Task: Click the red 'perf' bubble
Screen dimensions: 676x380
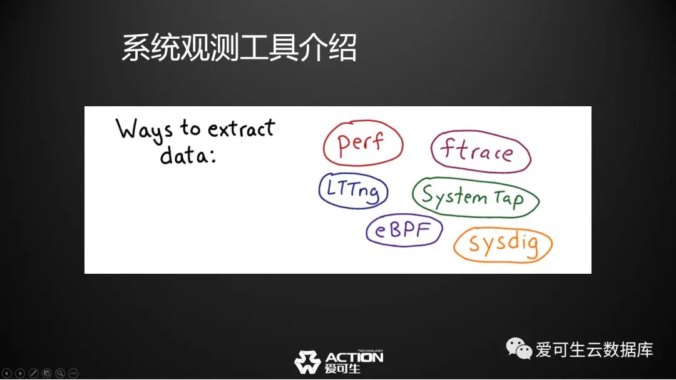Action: click(x=363, y=143)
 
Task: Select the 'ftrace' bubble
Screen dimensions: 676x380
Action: click(x=481, y=151)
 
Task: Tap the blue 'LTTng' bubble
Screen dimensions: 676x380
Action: click(x=353, y=191)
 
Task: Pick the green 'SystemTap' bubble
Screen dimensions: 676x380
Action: click(x=476, y=197)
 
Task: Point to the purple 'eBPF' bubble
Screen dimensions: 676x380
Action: click(x=404, y=230)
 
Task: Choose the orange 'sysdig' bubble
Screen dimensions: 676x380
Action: click(x=503, y=244)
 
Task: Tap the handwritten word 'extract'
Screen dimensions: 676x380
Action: click(x=242, y=128)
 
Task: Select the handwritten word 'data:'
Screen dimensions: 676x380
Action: click(x=188, y=154)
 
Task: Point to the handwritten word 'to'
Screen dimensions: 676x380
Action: click(x=190, y=128)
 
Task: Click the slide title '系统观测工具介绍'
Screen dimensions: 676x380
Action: click(x=239, y=47)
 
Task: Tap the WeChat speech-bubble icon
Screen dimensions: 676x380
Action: click(x=519, y=348)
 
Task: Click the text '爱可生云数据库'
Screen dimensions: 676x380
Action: click(x=594, y=349)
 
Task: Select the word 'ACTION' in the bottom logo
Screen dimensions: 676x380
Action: click(x=354, y=357)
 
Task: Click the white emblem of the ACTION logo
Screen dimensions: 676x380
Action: click(x=307, y=362)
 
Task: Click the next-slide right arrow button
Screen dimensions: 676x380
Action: click(x=20, y=373)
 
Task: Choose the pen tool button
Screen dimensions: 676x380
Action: click(x=33, y=373)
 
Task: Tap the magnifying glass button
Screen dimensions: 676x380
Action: click(x=60, y=373)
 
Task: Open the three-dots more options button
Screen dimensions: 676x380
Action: click(x=73, y=373)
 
